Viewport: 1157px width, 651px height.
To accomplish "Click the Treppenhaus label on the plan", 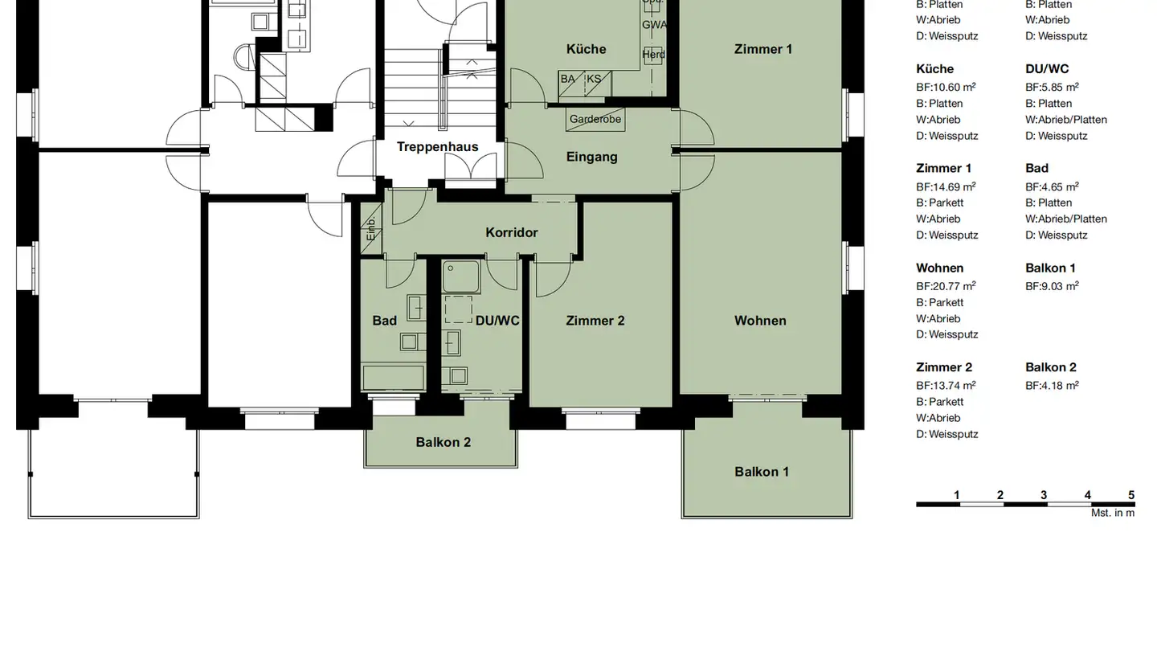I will [x=437, y=147].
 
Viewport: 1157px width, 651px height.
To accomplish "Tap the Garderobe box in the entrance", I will [x=595, y=119].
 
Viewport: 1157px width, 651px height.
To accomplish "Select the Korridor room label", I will [x=512, y=232].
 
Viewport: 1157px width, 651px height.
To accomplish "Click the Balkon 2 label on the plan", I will [x=443, y=442].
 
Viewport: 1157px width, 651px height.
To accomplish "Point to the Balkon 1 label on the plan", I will [x=761, y=472].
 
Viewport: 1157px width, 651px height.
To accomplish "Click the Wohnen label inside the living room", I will [x=760, y=321].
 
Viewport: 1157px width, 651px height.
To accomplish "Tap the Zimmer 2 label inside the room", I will [x=595, y=321].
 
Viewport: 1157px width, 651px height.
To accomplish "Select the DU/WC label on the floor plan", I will [x=497, y=321].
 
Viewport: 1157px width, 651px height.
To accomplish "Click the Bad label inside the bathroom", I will [x=384, y=321].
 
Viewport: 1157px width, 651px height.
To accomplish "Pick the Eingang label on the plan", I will [x=591, y=157].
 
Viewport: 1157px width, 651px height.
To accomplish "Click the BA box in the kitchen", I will [x=569, y=80].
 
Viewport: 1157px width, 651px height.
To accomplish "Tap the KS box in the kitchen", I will [x=594, y=80].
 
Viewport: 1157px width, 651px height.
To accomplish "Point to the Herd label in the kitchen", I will [x=653, y=55].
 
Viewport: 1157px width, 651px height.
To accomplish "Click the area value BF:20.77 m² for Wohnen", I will [x=946, y=286].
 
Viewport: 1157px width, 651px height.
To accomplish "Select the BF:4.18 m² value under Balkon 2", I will [x=1052, y=386].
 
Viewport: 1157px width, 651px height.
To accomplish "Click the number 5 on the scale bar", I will [x=1131, y=495].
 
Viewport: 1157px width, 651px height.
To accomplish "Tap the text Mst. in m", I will [x=1113, y=513].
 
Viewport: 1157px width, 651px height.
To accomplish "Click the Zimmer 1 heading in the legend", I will [x=943, y=168].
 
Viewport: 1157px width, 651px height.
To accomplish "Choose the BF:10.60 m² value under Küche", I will [x=946, y=87].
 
